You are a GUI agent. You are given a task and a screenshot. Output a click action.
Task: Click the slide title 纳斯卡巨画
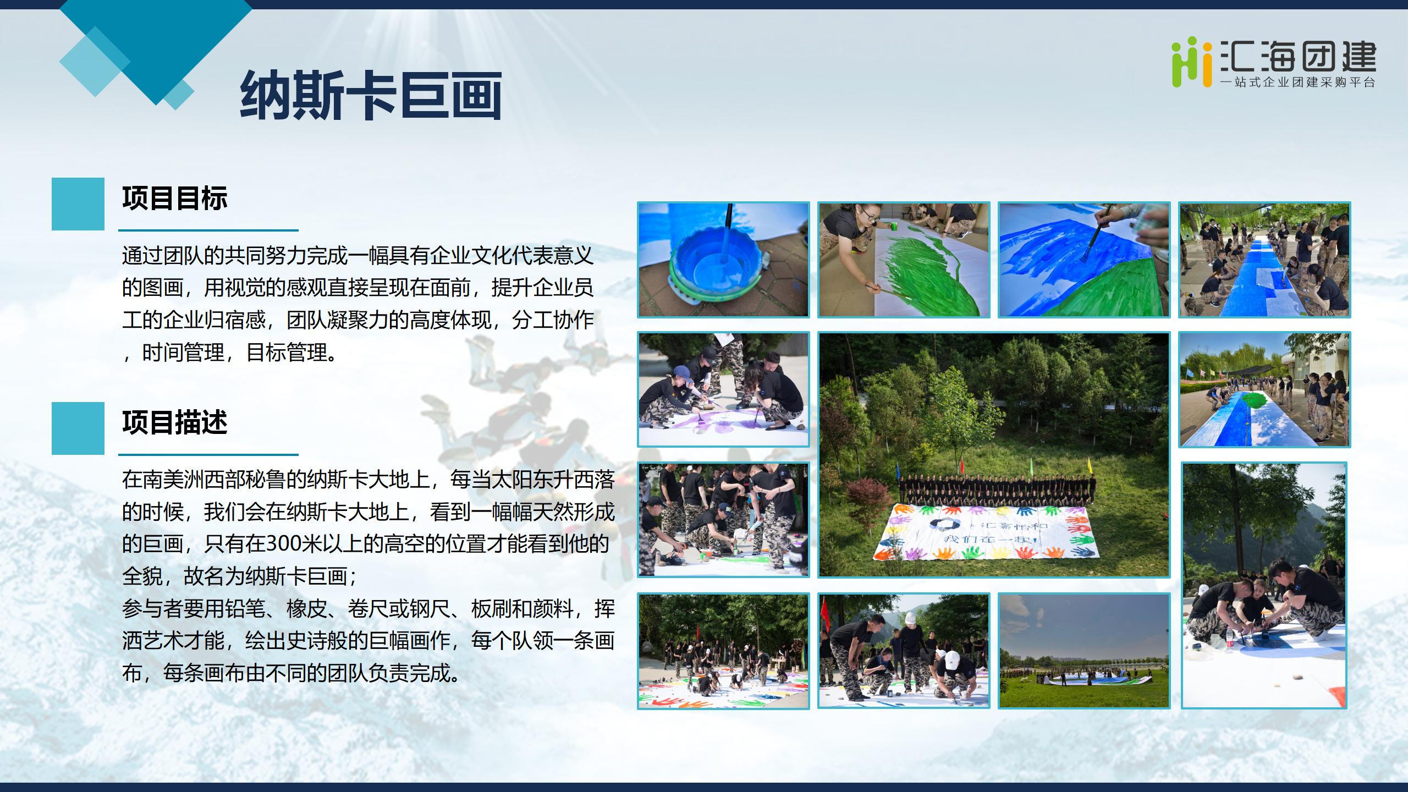(371, 95)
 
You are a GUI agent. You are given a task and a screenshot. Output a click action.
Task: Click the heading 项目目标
(175, 199)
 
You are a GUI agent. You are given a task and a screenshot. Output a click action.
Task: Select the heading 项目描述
(175, 423)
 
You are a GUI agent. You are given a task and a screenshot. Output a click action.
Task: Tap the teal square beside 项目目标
(78, 204)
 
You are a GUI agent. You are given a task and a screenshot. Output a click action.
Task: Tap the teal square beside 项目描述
(78, 428)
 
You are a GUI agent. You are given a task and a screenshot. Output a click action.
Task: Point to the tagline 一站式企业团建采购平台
(1297, 82)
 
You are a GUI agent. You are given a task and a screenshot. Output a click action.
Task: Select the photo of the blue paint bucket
(723, 260)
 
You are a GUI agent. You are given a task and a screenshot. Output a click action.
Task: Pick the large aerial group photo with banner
(994, 455)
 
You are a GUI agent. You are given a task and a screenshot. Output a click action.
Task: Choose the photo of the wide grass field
(1084, 651)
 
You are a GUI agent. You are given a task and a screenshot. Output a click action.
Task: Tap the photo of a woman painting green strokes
(904, 260)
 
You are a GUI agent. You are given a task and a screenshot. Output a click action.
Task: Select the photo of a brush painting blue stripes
(1084, 260)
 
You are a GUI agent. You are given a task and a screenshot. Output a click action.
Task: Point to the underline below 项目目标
(208, 230)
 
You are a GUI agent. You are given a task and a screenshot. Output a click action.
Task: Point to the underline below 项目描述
(208, 455)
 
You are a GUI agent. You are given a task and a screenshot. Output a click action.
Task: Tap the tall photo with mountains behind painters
(1264, 585)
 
